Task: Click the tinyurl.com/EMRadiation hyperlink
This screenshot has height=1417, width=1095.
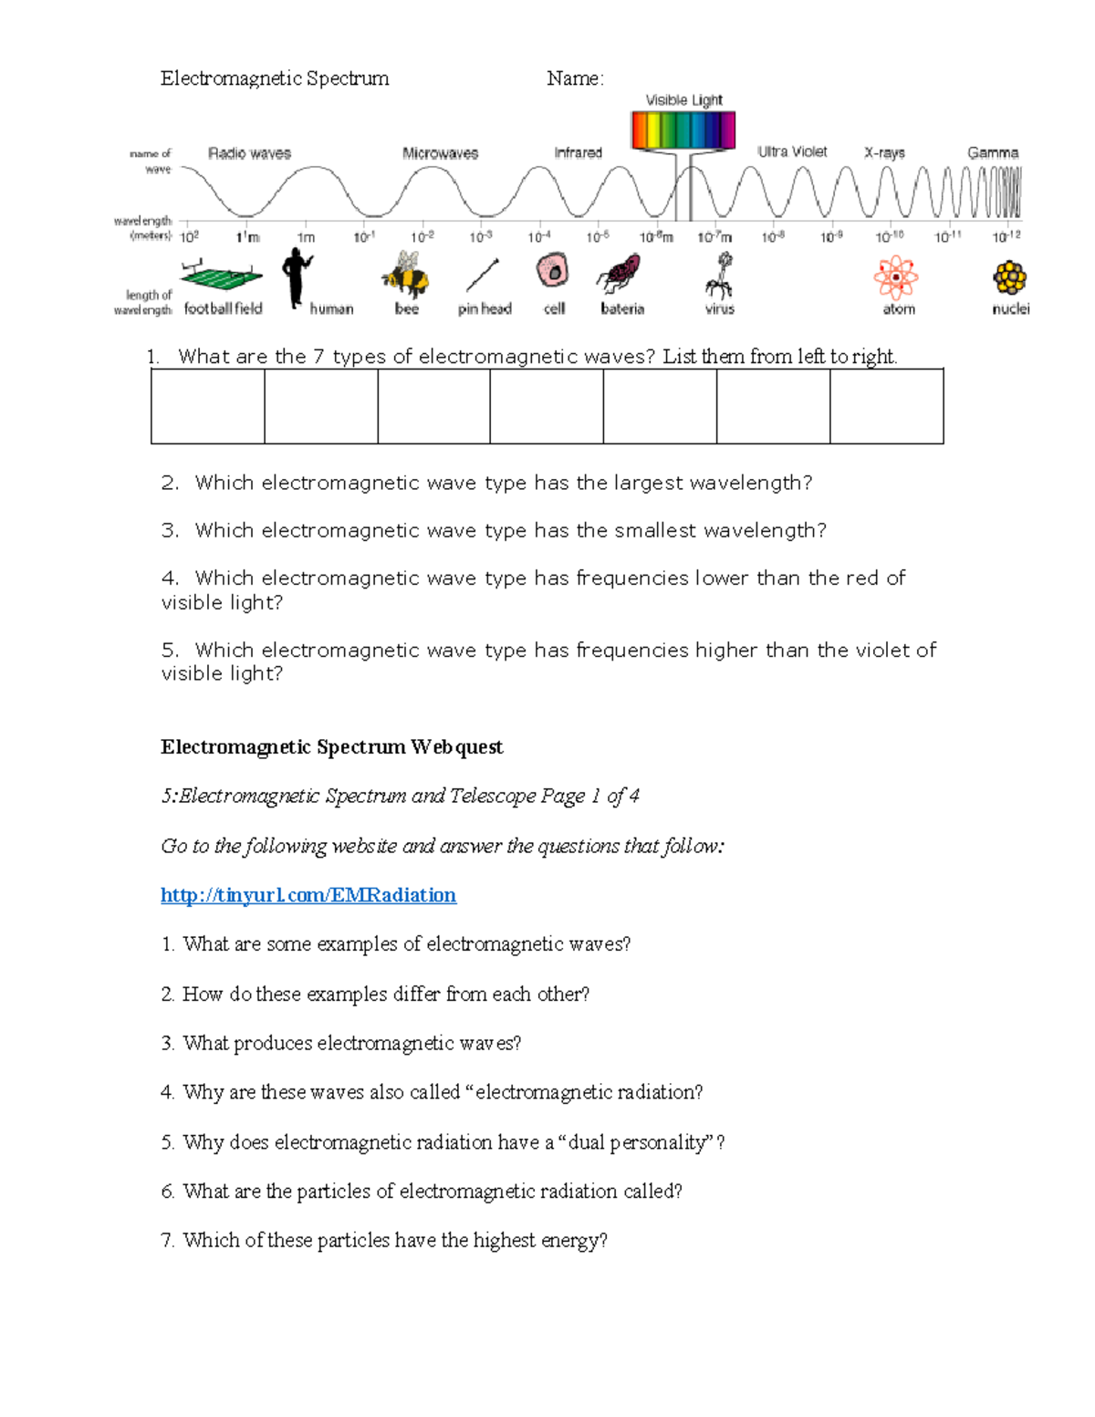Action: click(308, 895)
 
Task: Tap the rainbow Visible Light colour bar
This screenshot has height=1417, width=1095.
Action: click(683, 130)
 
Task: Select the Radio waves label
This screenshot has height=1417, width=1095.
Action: click(249, 153)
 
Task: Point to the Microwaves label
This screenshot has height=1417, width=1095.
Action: click(440, 153)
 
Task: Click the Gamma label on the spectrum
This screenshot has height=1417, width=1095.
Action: click(993, 152)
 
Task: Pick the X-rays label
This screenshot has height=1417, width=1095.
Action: click(884, 152)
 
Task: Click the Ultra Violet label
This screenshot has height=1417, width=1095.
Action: click(792, 151)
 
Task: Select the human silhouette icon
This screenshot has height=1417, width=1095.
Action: click(297, 277)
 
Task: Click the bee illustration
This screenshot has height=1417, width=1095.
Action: click(406, 275)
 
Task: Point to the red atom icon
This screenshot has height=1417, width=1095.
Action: click(896, 277)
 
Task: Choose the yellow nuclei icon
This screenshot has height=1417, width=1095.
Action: click(1010, 277)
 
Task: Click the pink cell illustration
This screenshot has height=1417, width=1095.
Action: click(552, 271)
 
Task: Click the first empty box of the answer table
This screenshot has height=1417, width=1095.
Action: click(208, 406)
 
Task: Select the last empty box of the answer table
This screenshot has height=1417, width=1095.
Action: click(886, 406)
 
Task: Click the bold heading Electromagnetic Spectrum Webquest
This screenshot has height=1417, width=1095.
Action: click(331, 747)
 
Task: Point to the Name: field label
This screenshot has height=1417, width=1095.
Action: click(575, 78)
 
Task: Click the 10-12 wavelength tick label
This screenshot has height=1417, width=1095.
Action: click(1006, 236)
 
